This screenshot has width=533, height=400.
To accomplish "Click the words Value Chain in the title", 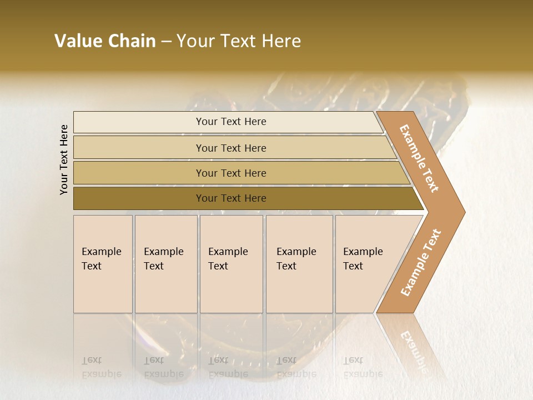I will pos(105,41).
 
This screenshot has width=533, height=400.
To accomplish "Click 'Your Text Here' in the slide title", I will pos(239,41).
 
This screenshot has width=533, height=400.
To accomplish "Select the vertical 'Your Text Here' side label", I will pos(64,159).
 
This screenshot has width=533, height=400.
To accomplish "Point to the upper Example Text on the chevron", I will pos(420,158).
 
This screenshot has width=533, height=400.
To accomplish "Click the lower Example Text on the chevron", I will pos(421,263).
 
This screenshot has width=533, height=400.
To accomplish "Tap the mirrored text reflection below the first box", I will pos(102,367).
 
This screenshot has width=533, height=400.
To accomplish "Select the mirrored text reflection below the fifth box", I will pos(363,367).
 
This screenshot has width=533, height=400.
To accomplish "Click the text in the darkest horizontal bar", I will pos(231,198).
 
